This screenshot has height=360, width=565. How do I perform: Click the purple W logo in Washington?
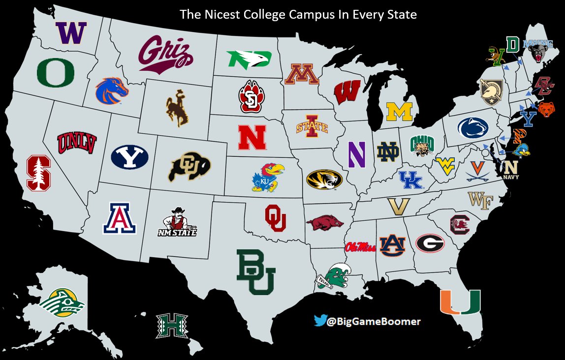71,33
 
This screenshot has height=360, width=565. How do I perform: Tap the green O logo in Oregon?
56,73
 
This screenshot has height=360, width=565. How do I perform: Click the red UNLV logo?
77,143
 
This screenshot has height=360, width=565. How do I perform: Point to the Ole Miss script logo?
360,246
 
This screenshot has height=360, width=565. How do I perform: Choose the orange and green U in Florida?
460,301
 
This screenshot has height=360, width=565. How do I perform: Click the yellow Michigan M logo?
399,112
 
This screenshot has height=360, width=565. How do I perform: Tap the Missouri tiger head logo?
324,180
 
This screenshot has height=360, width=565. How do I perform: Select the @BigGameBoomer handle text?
374,322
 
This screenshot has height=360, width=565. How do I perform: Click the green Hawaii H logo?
172,326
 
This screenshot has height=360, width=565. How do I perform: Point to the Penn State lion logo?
473,128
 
